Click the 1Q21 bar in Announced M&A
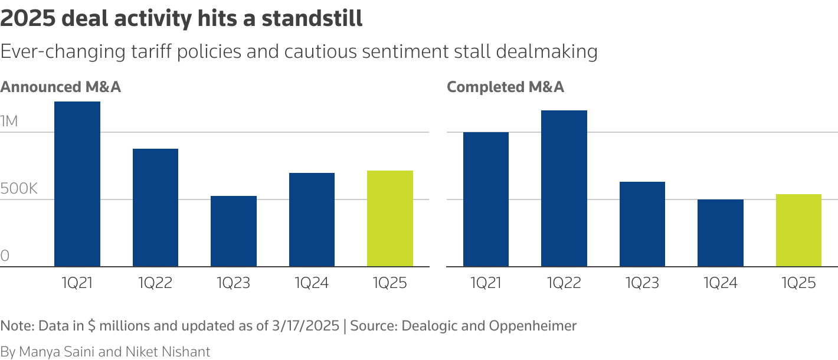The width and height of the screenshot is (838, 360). coord(77,184)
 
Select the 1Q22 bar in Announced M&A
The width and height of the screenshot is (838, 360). coord(155,208)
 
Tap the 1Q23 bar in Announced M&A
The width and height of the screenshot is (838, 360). coord(234,231)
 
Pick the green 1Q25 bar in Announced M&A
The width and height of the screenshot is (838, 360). coord(389,218)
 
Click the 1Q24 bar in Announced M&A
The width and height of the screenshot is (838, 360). coord(312,220)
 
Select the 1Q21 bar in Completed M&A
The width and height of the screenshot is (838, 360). coord(486,199)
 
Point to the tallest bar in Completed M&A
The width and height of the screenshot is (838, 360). coord(564,189)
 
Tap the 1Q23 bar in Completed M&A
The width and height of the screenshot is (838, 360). coord(642,224)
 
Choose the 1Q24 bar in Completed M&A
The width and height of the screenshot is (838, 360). coord(720,233)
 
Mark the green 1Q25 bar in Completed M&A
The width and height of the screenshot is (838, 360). coord(798,230)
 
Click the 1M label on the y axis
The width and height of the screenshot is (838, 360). coord(9,122)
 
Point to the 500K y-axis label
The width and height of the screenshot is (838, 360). coord(19,189)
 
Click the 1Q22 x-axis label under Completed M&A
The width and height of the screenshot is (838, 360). coord(564,283)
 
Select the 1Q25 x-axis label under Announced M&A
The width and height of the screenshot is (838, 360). coord(389,283)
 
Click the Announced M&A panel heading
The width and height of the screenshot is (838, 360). coord(60,87)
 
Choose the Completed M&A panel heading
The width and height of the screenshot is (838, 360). coord(505,87)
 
